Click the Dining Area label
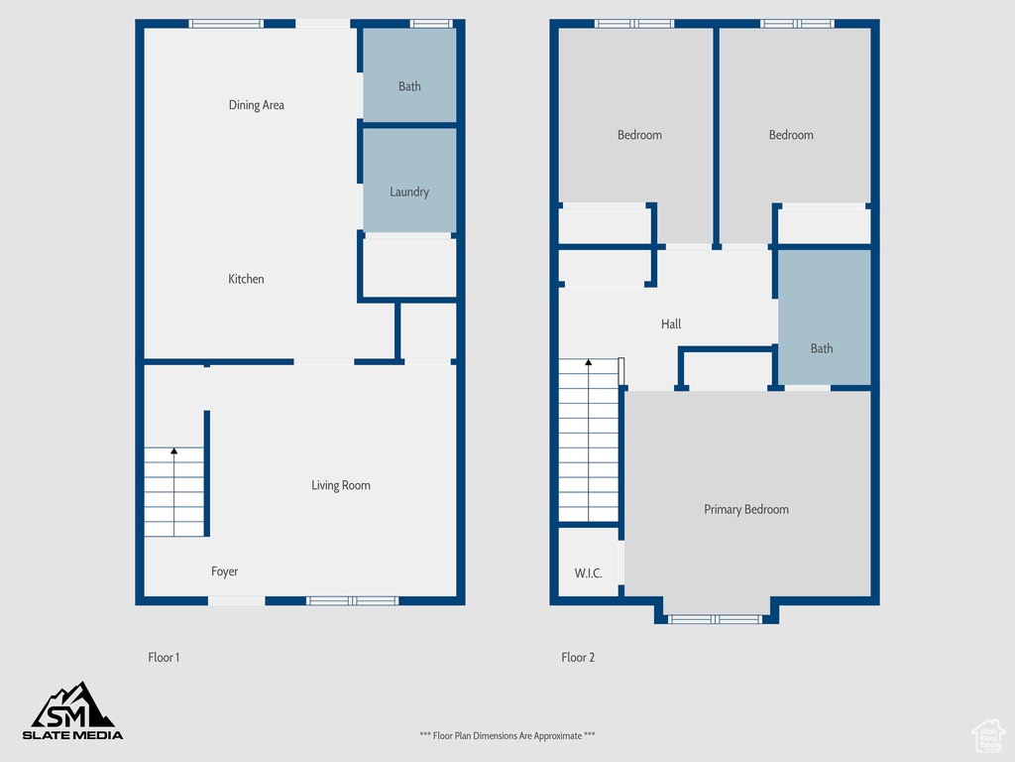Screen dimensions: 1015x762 pos(257,105)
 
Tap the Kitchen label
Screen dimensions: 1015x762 pos(246,279)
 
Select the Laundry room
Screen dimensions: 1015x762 pos(409,181)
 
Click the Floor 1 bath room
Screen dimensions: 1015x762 pos(409,74)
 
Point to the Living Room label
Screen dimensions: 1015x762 pos(341,485)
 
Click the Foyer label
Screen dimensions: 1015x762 pos(224,571)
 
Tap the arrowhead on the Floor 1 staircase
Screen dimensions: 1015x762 pos(173,451)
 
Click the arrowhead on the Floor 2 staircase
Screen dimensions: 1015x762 pos(589,363)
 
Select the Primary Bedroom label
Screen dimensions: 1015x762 pos(746,509)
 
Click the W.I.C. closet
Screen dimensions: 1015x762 pos(589,562)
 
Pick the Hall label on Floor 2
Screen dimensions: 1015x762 pos(671,324)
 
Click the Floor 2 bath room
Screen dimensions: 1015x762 pos(824,317)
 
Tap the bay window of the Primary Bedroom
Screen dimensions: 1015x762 pos(715,619)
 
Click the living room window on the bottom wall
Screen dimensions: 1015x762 pos(352,600)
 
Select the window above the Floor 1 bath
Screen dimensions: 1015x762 pos(432,24)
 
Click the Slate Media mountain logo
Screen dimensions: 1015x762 pos(72,710)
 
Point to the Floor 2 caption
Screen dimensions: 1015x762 pos(578,657)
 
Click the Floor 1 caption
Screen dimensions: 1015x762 pos(164,657)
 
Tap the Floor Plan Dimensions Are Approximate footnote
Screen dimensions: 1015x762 pos(507,735)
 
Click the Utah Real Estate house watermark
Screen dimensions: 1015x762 pos(988,736)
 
